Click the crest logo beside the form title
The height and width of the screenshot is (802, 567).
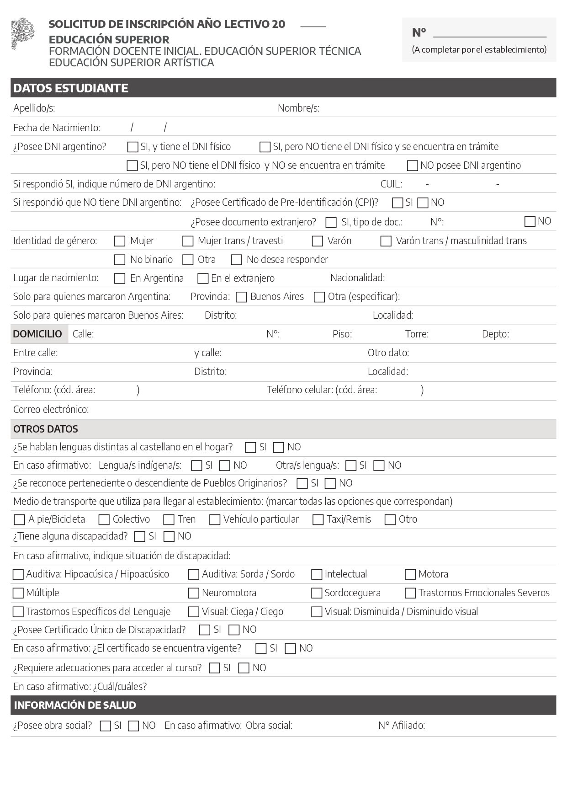23,33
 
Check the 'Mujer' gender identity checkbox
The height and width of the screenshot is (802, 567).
120,241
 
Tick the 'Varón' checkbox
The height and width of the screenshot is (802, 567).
318,241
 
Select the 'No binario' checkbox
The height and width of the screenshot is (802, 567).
120,260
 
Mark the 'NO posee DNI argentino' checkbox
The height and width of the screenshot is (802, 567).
412,166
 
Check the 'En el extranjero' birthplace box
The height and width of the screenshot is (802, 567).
203,278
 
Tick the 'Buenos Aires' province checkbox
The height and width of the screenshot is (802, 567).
241,297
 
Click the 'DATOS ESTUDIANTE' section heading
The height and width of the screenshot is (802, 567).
71,88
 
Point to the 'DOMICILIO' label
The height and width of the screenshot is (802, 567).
37,334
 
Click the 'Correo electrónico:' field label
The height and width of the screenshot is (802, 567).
51,410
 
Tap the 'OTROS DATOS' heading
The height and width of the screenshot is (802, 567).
46,429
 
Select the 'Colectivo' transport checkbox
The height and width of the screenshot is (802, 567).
104,520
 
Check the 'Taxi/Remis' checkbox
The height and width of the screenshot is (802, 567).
318,520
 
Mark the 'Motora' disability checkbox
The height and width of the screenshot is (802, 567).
410,574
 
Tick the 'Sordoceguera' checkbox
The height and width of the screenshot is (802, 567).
317,593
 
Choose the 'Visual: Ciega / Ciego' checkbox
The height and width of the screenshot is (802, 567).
194,612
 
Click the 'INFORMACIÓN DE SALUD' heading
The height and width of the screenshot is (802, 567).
75,706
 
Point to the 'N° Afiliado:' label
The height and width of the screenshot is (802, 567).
402,726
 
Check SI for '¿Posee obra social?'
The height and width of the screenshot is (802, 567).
105,726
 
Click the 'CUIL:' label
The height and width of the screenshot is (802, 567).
392,184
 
